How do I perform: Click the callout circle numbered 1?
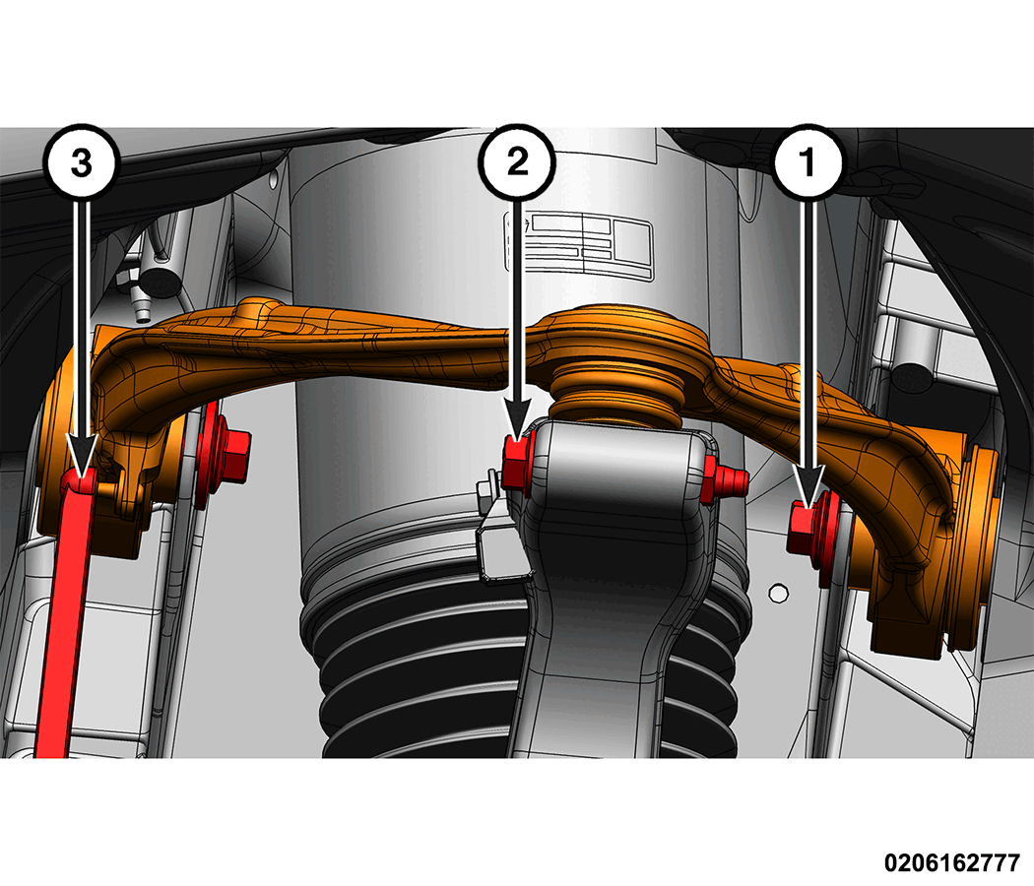808,161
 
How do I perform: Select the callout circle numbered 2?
518,161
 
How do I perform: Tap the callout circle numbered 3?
81,161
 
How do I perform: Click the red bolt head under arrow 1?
803,528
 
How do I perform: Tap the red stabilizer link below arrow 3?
63,613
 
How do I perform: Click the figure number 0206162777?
951,861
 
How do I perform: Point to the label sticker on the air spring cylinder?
578,244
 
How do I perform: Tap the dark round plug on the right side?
911,379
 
